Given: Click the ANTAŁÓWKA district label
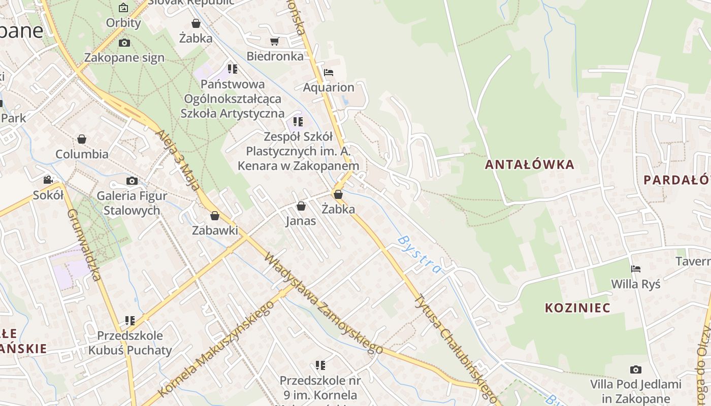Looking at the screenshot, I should pyautogui.click(x=530, y=164).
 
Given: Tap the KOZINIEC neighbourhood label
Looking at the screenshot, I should pyautogui.click(x=577, y=308).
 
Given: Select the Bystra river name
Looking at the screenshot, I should pyautogui.click(x=419, y=254).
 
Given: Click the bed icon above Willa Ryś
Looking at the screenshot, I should pyautogui.click(x=635, y=268).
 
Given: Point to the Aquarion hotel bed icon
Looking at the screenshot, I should pyautogui.click(x=329, y=73).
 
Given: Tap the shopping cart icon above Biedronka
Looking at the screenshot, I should pyautogui.click(x=275, y=41).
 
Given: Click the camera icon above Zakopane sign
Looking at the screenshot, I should pyautogui.click(x=124, y=43).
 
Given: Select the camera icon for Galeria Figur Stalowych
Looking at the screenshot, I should pyautogui.click(x=132, y=181).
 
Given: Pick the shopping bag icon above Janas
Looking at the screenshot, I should pyautogui.click(x=301, y=206).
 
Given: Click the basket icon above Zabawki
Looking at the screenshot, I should pyautogui.click(x=215, y=216).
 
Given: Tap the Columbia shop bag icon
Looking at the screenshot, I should pyautogui.click(x=82, y=139).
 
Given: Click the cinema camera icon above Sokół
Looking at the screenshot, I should pyautogui.click(x=48, y=180).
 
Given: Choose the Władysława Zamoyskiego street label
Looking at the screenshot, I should pyautogui.click(x=323, y=303).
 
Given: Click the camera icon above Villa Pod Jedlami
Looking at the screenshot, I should pyautogui.click(x=635, y=369).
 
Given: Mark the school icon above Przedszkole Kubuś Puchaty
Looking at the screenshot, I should pyautogui.click(x=130, y=321).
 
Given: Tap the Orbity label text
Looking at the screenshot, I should pyautogui.click(x=123, y=23).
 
